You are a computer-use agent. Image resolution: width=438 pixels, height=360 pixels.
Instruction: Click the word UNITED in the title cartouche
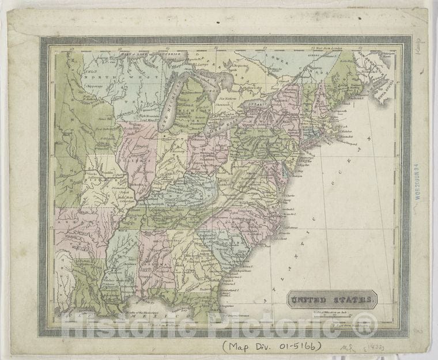click(x=311, y=300)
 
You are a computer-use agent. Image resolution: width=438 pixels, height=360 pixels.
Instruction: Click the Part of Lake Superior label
click(x=150, y=54)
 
